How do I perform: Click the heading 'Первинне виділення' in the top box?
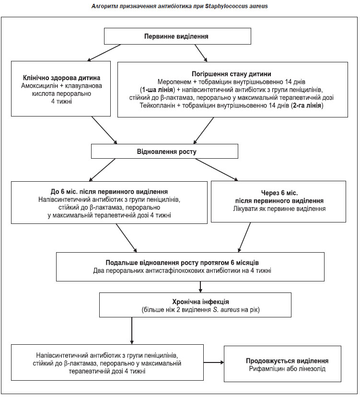tap(176, 36)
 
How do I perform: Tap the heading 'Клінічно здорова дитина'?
tap(61, 78)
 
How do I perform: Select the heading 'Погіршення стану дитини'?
tap(232, 74)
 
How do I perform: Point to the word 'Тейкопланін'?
tap(157, 105)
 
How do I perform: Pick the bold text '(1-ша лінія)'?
tap(157, 90)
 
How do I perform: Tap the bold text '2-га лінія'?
tap(306, 105)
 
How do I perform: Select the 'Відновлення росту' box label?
tap(167, 152)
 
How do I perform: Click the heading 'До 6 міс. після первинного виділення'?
tap(109, 192)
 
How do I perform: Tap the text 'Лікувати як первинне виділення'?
tap(279, 209)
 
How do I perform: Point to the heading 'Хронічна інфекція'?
tap(200, 302)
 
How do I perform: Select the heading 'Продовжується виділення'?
tap(287, 361)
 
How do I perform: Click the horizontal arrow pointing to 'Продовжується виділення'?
tap(214, 362)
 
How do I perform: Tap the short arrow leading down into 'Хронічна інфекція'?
tap(200, 287)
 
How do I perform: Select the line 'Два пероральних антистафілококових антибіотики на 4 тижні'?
tap(182, 270)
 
